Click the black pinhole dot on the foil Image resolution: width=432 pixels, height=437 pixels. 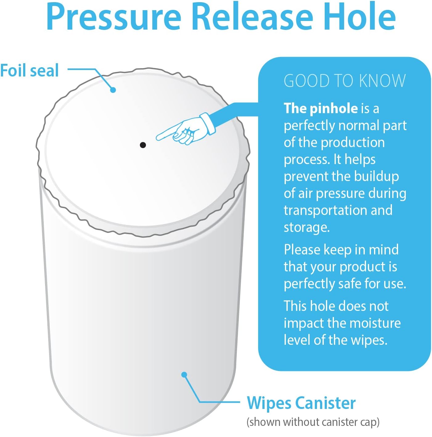point(143,145)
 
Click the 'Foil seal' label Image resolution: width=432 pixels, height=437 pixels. point(30,70)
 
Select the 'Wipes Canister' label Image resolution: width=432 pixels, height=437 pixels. point(301,403)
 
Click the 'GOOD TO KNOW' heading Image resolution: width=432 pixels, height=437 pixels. point(344,81)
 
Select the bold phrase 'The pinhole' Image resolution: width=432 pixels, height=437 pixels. point(321,108)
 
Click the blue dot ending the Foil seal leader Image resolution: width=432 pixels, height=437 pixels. point(113,90)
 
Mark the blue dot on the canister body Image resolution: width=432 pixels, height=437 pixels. point(184,375)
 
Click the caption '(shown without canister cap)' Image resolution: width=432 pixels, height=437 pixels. point(313,422)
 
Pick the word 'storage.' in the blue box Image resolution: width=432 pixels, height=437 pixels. point(307,227)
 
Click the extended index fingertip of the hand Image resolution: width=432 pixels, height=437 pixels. point(158,138)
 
